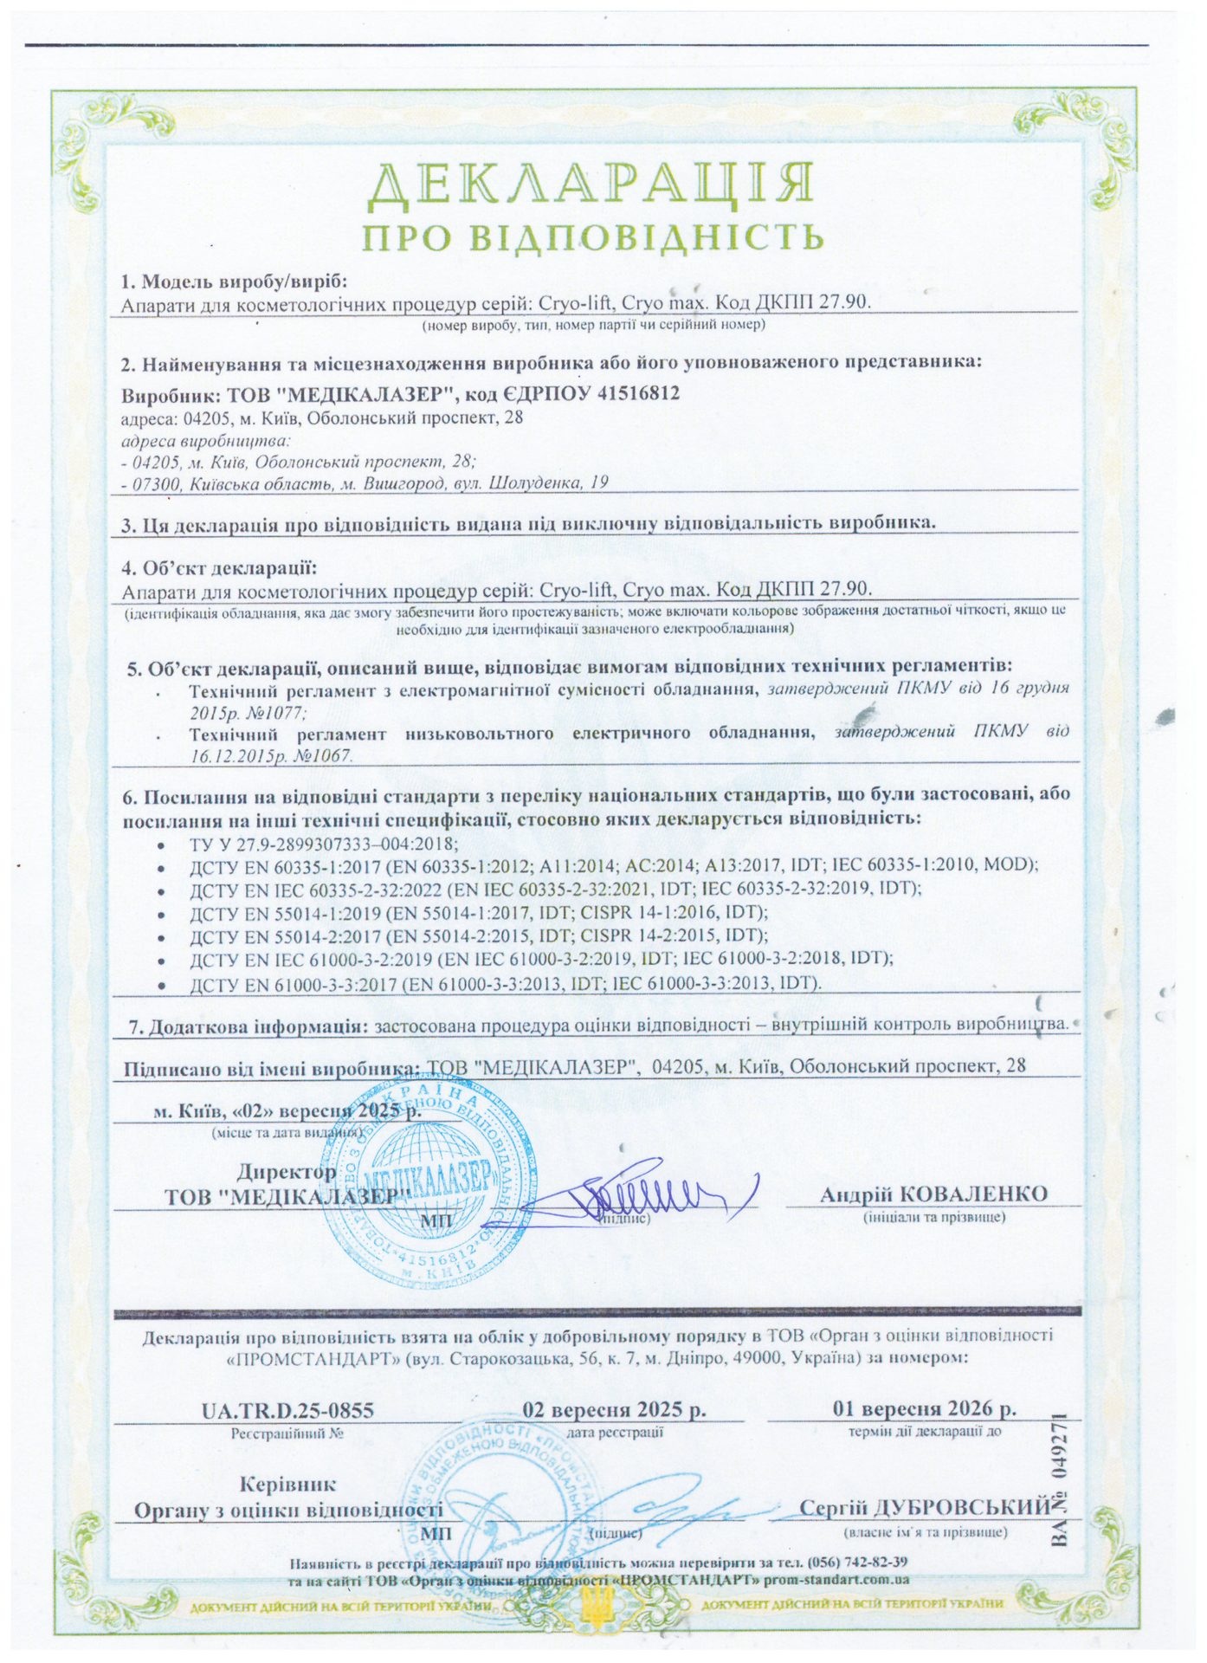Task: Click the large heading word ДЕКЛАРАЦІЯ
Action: click(591, 183)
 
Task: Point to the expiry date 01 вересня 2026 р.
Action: click(924, 1408)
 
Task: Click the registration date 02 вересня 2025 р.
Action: click(615, 1409)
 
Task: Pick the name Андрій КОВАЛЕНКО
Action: click(933, 1194)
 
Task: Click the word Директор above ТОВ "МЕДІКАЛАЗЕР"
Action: click(287, 1172)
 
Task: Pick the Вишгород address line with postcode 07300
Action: click(365, 482)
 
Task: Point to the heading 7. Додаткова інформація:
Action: click(247, 1026)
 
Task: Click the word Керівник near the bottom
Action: click(288, 1484)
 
